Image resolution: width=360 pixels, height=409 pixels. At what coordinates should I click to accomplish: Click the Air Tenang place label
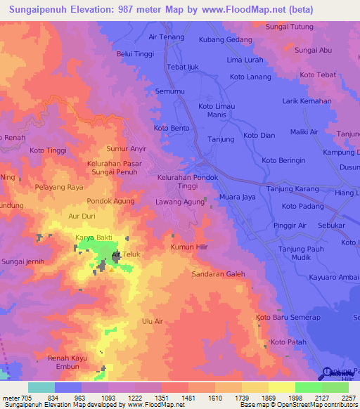coord(167,37)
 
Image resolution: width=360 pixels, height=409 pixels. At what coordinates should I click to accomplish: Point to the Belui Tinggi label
coord(134,53)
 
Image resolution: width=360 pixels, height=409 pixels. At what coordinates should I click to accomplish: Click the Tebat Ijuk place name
coord(185,67)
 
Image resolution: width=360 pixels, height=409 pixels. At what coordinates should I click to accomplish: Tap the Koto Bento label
coord(172,129)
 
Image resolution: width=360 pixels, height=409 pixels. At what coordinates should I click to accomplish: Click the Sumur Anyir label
coord(126,149)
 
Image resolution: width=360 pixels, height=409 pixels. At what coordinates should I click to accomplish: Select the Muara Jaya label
coord(238,197)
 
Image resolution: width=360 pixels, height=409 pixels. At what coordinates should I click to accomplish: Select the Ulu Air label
coord(153,321)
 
